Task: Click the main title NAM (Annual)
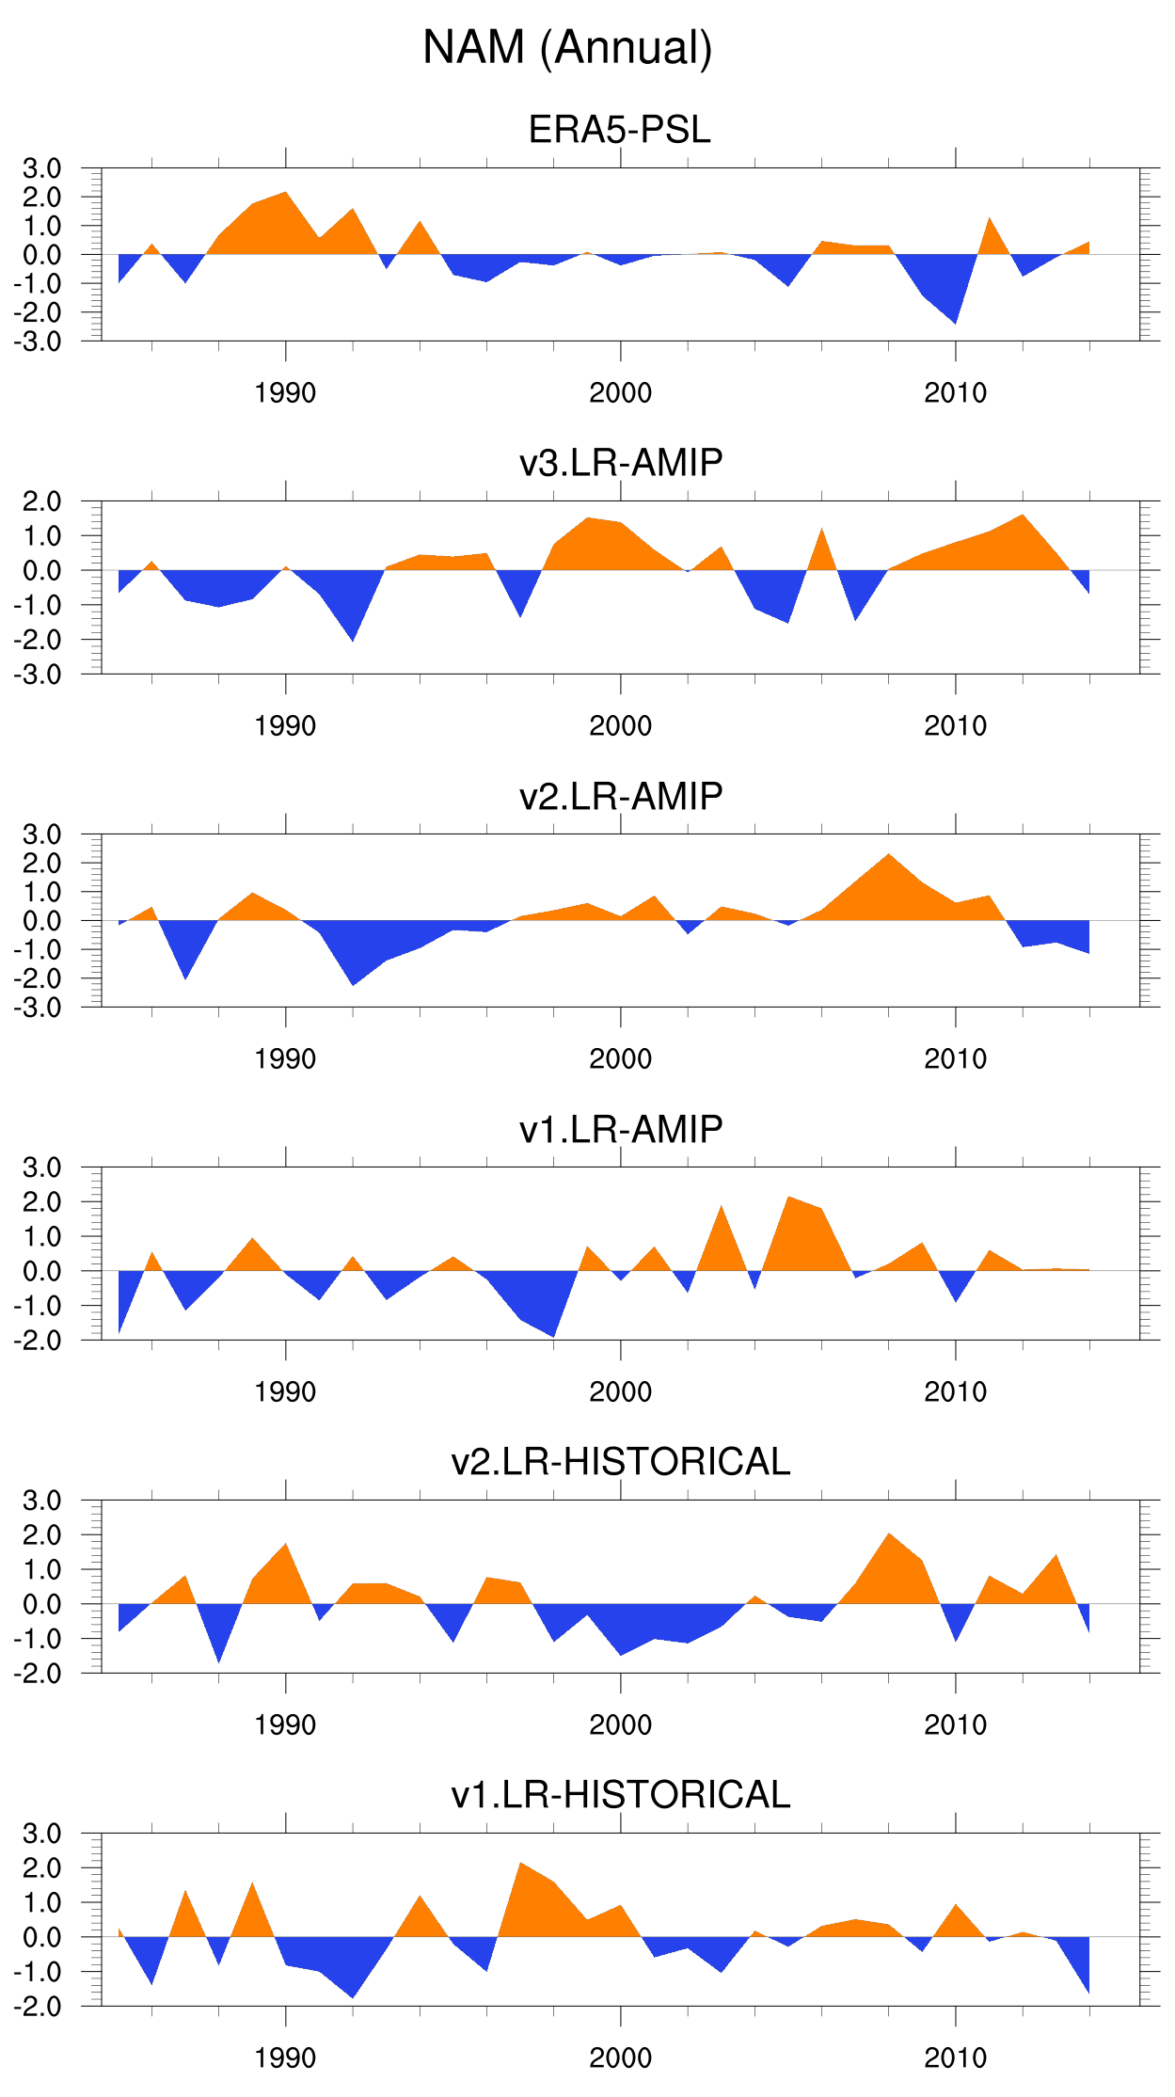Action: (567, 47)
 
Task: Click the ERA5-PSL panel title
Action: (619, 129)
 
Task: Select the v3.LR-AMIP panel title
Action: (621, 462)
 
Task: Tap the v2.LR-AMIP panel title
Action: (621, 796)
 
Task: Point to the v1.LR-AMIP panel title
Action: (621, 1129)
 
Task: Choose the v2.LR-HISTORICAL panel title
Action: (621, 1461)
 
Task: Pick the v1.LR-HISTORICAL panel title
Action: (621, 1794)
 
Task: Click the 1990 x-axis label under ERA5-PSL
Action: (285, 392)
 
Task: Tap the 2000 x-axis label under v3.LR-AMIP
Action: (620, 725)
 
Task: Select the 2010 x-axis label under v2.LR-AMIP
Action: (955, 1058)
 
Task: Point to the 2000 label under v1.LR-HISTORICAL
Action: (620, 2057)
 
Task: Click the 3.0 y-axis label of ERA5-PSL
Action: (42, 168)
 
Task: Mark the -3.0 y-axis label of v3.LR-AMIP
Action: (38, 675)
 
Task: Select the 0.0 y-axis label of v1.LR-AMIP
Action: (42, 1271)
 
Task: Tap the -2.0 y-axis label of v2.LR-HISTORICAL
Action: (38, 1674)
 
